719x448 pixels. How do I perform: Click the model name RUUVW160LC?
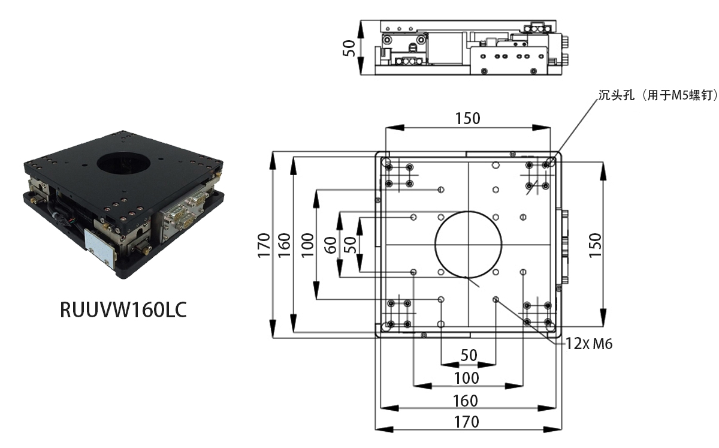point(123,310)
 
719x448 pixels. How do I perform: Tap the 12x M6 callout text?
point(588,344)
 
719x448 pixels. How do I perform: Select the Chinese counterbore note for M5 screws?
point(658,95)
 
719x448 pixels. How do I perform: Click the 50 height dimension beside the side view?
point(349,48)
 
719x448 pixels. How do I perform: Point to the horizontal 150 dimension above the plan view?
point(468,119)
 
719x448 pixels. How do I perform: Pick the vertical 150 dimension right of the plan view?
point(596,245)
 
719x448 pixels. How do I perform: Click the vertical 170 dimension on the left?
point(264,245)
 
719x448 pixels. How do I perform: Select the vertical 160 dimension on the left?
point(284,245)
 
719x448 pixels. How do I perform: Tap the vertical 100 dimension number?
point(307,245)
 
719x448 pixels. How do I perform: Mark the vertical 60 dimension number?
point(331,245)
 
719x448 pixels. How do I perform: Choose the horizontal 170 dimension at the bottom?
point(467,422)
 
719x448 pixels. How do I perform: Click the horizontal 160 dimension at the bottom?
point(466,401)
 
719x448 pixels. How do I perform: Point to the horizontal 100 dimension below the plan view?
point(467,378)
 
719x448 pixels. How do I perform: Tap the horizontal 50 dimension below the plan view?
point(469,356)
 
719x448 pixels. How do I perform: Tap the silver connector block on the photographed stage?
point(183,212)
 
